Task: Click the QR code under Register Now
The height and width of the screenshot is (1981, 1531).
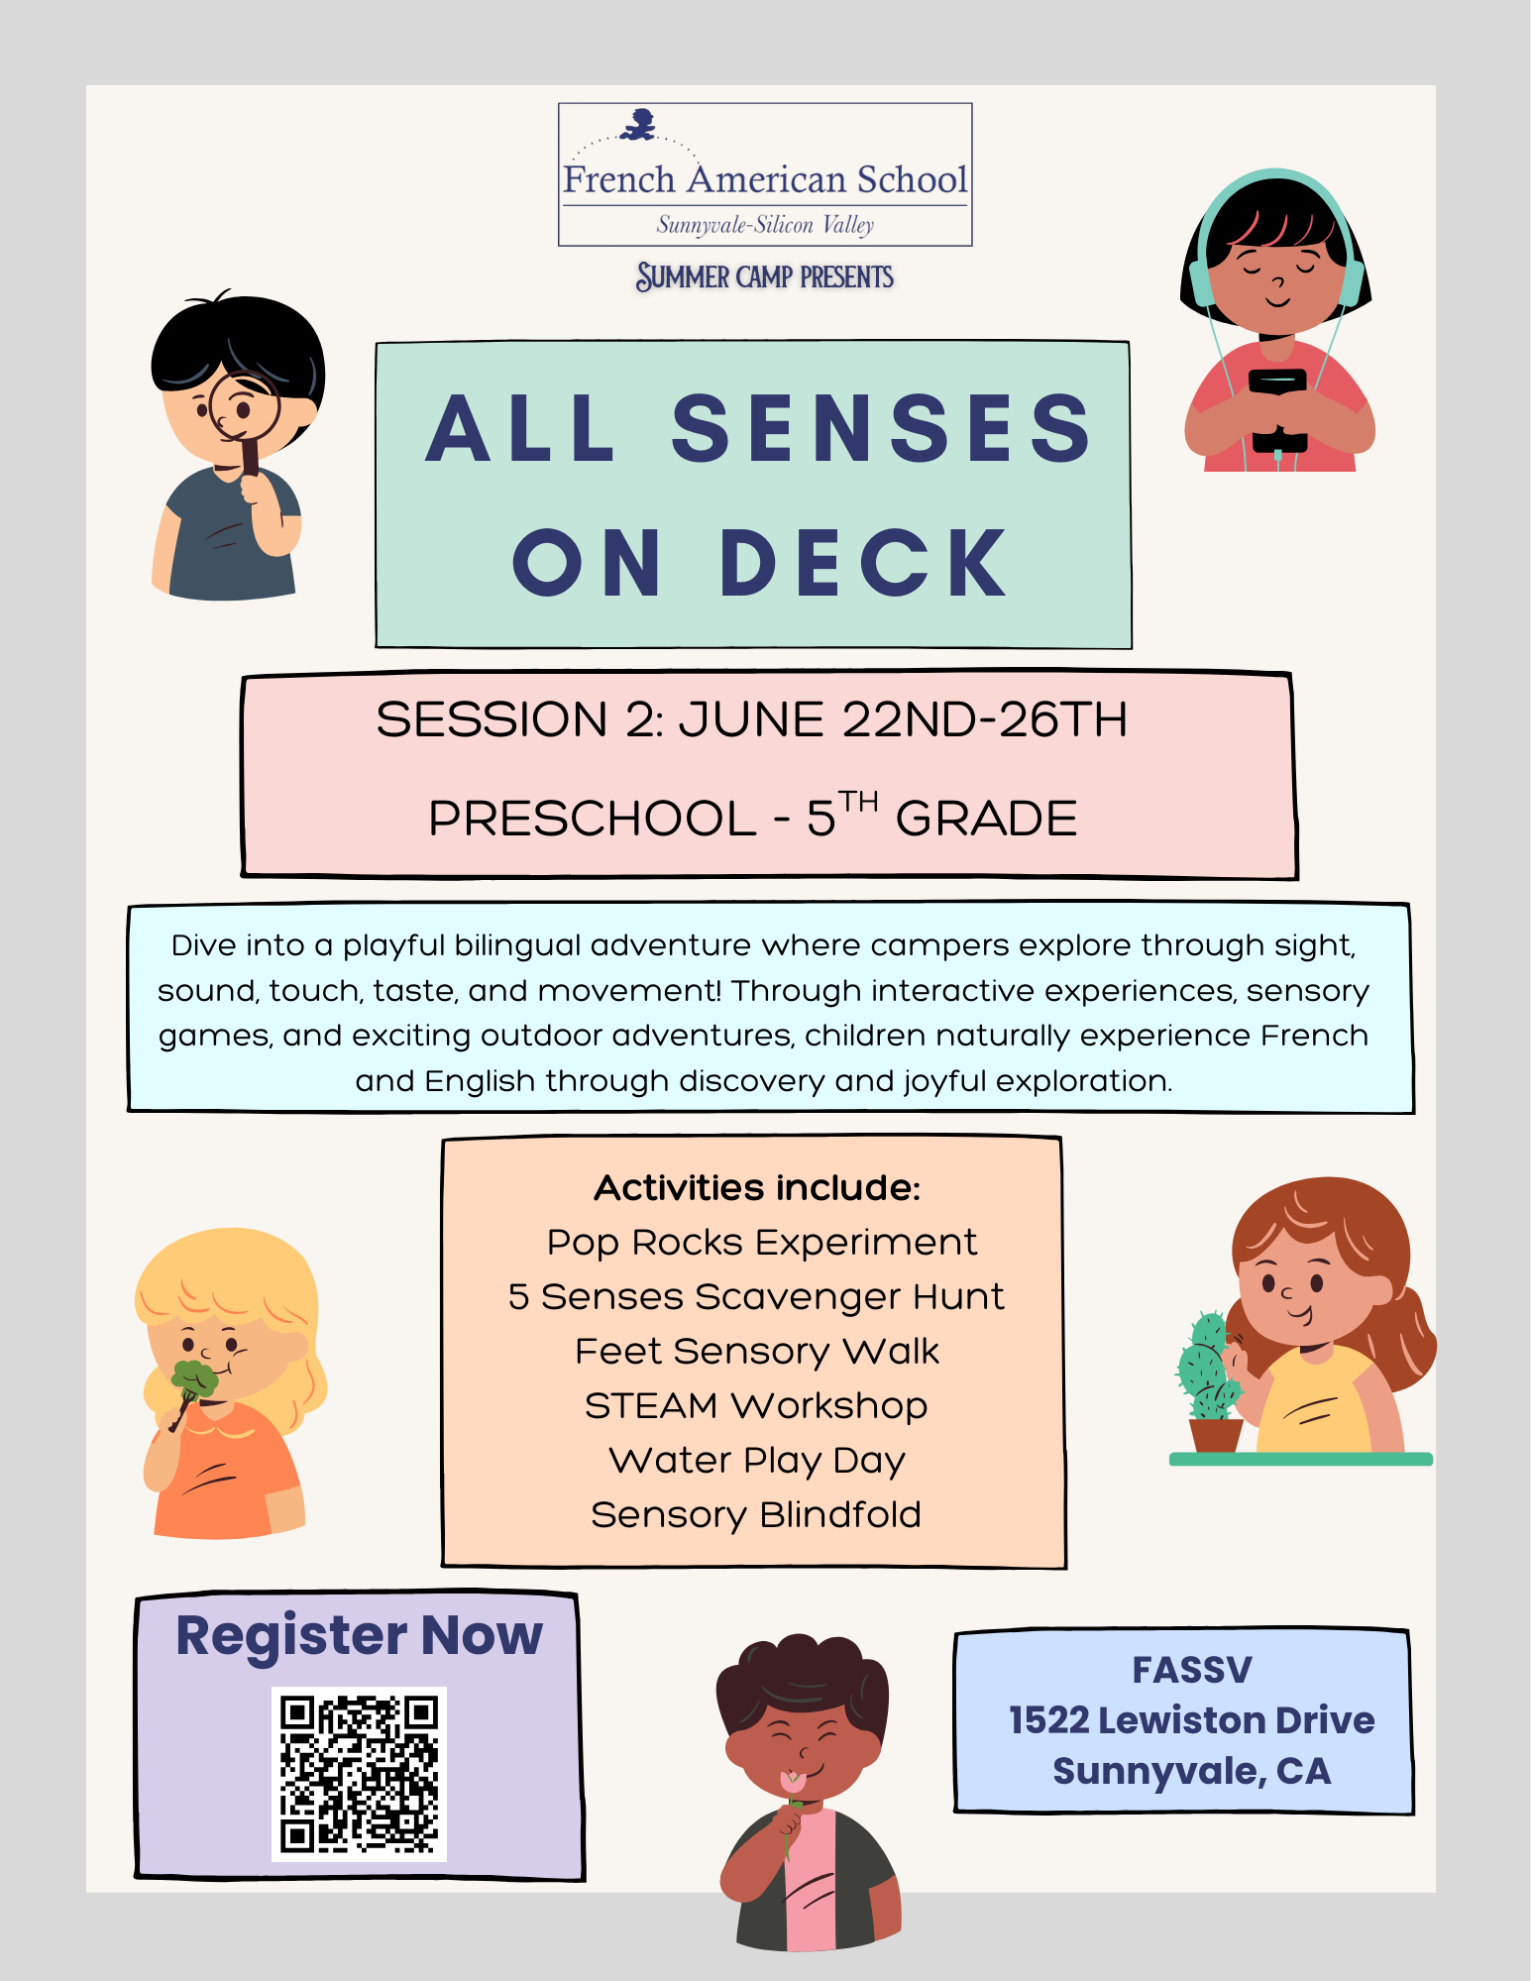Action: (x=359, y=1774)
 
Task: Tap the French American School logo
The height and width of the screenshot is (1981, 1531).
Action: (x=765, y=174)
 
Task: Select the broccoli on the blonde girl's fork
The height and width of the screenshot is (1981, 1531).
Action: (x=193, y=1378)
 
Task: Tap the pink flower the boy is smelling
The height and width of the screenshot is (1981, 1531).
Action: (x=793, y=1782)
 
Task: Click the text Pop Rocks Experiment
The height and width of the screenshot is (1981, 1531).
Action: (x=762, y=1243)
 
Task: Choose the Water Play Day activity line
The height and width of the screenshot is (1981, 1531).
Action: (x=757, y=1461)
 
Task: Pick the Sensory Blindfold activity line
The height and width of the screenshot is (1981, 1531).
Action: (x=756, y=1515)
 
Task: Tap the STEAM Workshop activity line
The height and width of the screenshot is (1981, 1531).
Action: (x=756, y=1406)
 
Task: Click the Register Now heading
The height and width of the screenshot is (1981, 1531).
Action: (x=359, y=1635)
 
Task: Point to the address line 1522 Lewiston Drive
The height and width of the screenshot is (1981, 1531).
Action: (x=1192, y=1720)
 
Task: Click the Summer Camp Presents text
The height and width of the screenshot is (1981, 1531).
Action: (x=765, y=276)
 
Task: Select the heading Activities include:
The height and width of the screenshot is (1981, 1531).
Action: (x=757, y=1187)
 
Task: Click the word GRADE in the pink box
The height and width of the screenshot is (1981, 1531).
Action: (x=986, y=819)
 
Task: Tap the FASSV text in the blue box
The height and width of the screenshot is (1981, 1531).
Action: (x=1192, y=1670)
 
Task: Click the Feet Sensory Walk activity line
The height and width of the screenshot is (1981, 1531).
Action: (x=757, y=1352)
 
